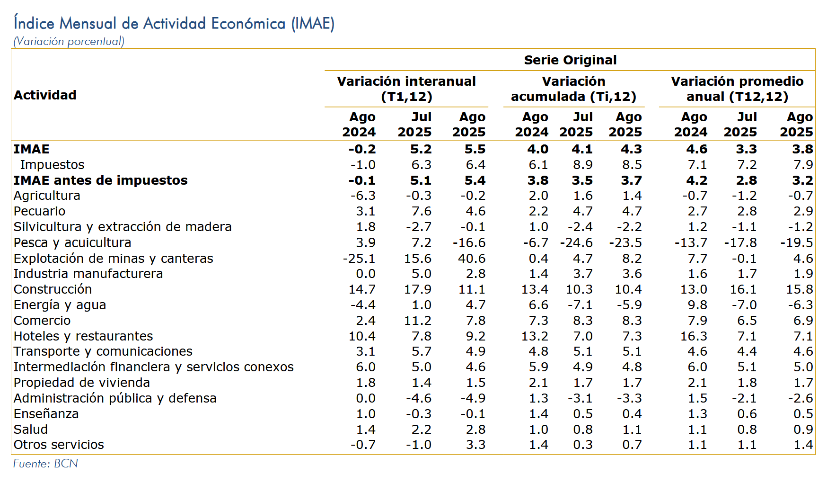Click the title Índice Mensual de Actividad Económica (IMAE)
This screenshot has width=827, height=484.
tap(174, 23)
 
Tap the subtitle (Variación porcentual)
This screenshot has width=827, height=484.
tap(69, 41)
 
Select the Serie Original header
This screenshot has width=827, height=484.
tap(570, 60)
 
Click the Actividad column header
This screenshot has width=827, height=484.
tap(45, 95)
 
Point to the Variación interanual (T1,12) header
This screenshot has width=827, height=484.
tap(406, 89)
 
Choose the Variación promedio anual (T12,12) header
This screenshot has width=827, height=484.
tap(737, 89)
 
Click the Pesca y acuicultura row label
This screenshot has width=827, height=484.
tap(72, 242)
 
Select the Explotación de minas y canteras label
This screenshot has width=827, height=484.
tap(114, 259)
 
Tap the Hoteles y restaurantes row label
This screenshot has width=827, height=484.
tap(83, 336)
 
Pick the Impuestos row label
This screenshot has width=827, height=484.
tap(52, 165)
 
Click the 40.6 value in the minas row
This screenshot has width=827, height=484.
tap(472, 259)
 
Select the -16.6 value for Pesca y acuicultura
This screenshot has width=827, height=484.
tap(469, 242)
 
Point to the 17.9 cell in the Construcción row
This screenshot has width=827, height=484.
tap(418, 289)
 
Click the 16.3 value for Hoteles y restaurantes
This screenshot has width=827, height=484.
tap(694, 336)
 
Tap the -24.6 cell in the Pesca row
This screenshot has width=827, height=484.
tap(576, 242)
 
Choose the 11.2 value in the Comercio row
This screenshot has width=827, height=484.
tap(418, 321)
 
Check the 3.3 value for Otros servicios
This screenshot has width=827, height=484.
tap(476, 445)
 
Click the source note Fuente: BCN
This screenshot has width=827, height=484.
tap(45, 464)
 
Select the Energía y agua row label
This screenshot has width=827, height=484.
tap(60, 305)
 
